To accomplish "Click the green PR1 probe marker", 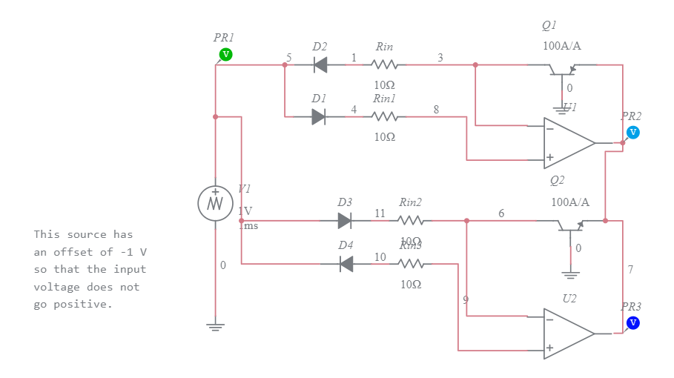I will pyautogui.click(x=226, y=54).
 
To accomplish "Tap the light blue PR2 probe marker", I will pyautogui.click(x=632, y=132).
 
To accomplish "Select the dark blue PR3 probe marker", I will pyautogui.click(x=632, y=322).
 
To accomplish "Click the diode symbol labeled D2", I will pyautogui.click(x=320, y=64).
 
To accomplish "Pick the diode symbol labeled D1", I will pyautogui.click(x=319, y=116).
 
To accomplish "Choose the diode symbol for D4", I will pyautogui.click(x=345, y=263).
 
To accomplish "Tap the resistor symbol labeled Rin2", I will pyautogui.click(x=410, y=220).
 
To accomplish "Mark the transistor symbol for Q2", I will pyautogui.click(x=571, y=225).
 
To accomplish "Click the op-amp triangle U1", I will pyautogui.click(x=569, y=143).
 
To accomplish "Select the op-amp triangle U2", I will pyautogui.click(x=569, y=334).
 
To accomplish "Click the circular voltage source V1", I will pyautogui.click(x=215, y=202).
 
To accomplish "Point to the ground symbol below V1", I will pyautogui.click(x=215, y=325).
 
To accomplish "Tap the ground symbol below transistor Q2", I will pyautogui.click(x=571, y=273).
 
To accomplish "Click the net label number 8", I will pyautogui.click(x=436, y=109).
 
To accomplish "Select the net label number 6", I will pyautogui.click(x=501, y=213).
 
